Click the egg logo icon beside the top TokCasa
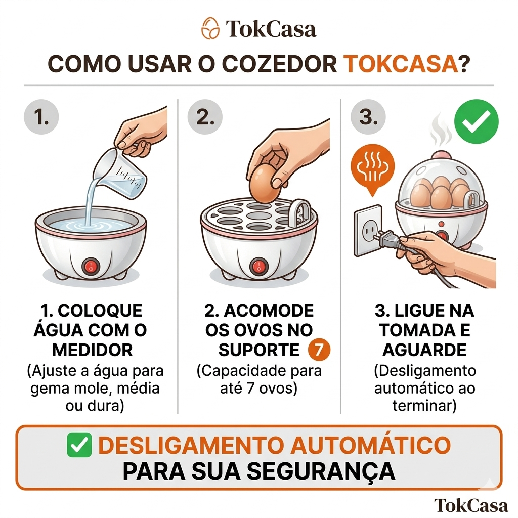(210, 28)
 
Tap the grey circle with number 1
(41, 117)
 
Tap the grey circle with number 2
(205, 117)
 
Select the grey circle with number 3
(368, 117)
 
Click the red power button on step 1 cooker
(91, 266)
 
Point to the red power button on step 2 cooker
(258, 266)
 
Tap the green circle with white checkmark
(476, 121)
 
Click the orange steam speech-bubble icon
(373, 169)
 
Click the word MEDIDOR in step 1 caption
(92, 350)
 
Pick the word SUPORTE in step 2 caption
(258, 350)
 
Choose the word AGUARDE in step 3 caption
(424, 350)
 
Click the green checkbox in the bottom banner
(79, 445)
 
